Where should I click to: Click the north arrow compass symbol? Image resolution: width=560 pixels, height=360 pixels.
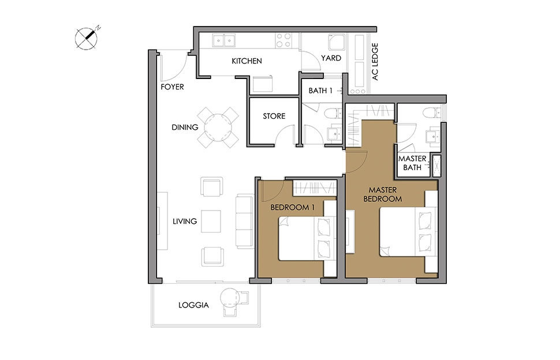(x=87, y=38)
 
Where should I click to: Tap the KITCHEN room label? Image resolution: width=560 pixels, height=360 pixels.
(x=247, y=61)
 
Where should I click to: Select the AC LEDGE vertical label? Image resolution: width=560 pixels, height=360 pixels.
(x=375, y=62)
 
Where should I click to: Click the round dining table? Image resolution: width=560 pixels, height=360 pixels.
(x=218, y=127)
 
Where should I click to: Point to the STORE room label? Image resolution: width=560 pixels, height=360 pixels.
(x=274, y=116)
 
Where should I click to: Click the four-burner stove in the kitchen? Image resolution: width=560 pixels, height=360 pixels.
(x=283, y=40)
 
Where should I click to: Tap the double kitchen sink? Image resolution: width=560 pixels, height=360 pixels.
(x=224, y=40)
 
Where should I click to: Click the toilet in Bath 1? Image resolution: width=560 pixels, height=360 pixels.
(x=334, y=114)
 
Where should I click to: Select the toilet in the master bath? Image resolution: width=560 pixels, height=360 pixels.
(x=433, y=112)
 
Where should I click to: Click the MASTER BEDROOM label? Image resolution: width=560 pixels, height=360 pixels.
(x=383, y=194)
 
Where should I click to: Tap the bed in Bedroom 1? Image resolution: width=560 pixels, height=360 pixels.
(x=307, y=238)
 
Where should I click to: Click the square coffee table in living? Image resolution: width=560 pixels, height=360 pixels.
(x=211, y=221)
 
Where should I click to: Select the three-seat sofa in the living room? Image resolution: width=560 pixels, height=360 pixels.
(x=244, y=221)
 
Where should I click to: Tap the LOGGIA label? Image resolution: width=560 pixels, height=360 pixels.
(x=193, y=305)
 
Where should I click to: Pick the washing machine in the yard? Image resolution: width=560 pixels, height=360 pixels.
(x=337, y=43)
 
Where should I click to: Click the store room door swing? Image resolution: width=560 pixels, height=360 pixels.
(x=284, y=135)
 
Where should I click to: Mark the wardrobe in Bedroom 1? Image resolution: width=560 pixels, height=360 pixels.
(x=314, y=187)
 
